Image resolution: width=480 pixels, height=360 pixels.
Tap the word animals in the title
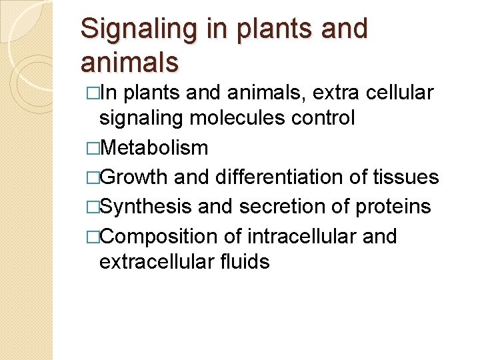(x=129, y=62)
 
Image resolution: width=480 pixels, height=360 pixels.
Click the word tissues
(x=407, y=177)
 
